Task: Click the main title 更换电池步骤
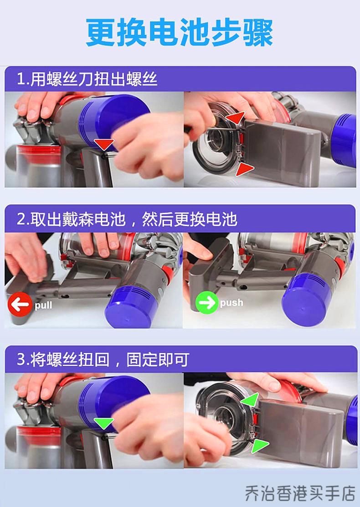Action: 180,33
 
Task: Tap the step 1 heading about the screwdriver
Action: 87,79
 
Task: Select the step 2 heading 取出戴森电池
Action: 127,219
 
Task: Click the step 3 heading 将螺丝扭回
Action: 103,360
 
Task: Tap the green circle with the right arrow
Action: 207,303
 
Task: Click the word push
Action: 231,303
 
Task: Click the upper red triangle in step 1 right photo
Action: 235,118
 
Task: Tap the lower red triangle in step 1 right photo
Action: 244,170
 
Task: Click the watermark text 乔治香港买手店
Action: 299,492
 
